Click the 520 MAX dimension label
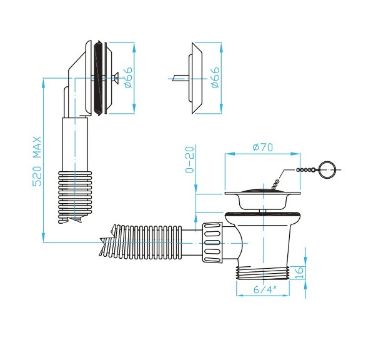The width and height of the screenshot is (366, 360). tap(37, 161)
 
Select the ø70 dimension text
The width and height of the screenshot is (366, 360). tap(262, 147)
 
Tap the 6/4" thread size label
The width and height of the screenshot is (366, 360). tap(265, 290)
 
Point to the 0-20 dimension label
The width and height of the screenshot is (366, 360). tap(189, 159)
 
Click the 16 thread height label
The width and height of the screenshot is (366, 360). tap(299, 273)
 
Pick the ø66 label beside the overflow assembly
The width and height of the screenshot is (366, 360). tap(129, 77)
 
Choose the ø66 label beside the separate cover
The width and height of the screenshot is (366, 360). tap(215, 77)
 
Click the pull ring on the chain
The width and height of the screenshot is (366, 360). tap(327, 170)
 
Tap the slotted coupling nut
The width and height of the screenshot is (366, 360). tap(212, 242)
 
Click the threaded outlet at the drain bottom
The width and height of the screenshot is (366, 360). tap(263, 272)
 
